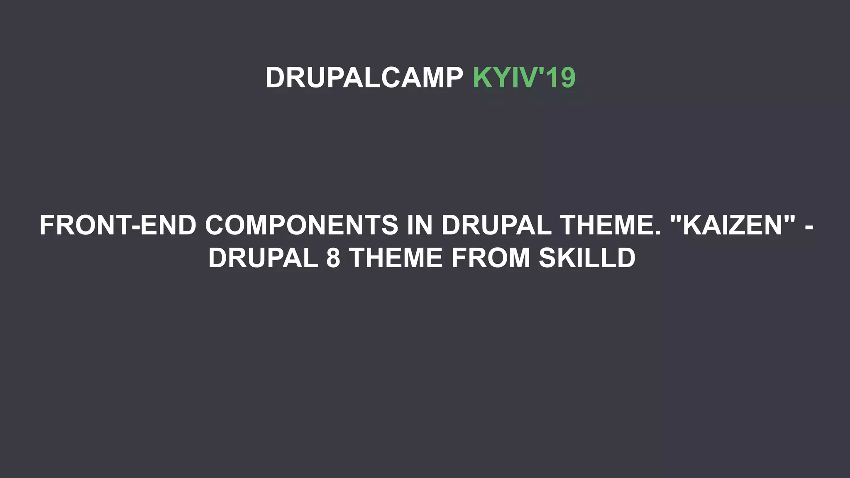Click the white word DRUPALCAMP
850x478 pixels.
(x=364, y=78)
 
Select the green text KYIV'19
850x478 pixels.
(x=524, y=78)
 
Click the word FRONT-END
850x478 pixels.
(x=118, y=225)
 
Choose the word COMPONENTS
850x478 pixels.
(x=302, y=225)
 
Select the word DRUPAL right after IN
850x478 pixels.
(x=496, y=225)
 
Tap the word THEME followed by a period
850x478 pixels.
(x=606, y=225)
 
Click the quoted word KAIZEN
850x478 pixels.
(x=733, y=225)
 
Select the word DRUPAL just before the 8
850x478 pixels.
(x=263, y=258)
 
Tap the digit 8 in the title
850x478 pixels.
(x=333, y=258)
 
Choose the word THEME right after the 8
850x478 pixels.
(x=396, y=258)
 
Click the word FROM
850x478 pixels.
(x=491, y=258)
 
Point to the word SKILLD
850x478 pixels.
(x=587, y=258)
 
